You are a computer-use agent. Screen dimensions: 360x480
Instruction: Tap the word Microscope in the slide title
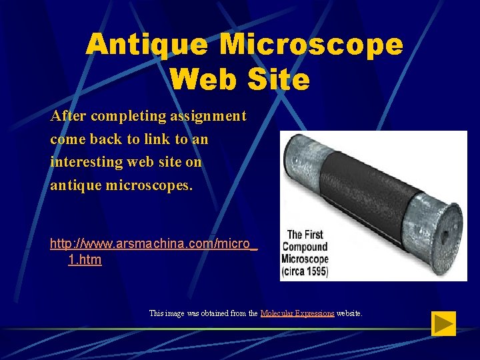click(x=311, y=45)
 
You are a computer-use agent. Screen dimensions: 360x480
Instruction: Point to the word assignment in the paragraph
click(x=208, y=117)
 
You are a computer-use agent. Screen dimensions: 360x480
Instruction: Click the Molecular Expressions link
click(x=297, y=313)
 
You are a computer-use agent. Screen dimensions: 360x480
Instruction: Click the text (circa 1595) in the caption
click(x=305, y=272)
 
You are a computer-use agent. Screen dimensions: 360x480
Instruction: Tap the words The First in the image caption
click(x=305, y=235)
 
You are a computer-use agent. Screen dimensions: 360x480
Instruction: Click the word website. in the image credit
click(x=349, y=313)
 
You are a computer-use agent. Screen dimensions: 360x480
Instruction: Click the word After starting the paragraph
click(x=69, y=117)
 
